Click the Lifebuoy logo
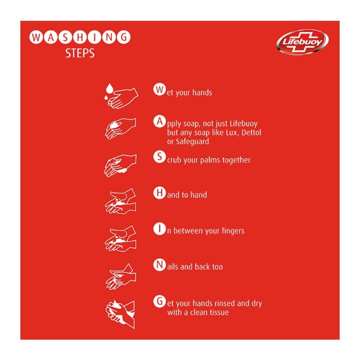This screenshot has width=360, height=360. pos(302,42)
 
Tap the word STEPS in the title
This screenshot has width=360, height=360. pos(80,53)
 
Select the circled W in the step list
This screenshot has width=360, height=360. pos(159,89)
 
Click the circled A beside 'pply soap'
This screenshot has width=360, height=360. pos(159,121)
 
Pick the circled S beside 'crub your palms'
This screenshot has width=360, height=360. pos(159,157)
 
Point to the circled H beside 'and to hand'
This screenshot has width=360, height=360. pos(159,193)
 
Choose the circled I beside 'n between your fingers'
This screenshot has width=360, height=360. pos(159,229)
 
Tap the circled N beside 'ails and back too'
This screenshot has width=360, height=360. pos(159,265)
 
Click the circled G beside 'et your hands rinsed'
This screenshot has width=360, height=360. pos(159,301)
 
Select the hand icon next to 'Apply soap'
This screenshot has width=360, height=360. pos(120,128)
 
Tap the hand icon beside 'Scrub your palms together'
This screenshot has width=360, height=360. pos(120,165)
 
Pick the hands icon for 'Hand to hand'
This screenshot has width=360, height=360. pos(120,201)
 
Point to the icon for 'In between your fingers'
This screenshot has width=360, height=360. pos(120,237)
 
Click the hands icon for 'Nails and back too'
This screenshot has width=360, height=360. pos(120,275)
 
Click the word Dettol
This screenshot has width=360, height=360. pos(251,132)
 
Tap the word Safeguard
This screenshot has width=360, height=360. pos(192,141)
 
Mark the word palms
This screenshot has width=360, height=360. pos(211,160)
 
